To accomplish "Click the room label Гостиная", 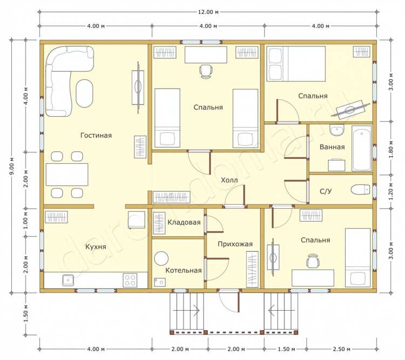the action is coord(96,136).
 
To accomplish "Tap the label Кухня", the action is coord(96,246).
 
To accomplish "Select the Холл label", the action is coord(229,180).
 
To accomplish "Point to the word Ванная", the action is coord(332,147).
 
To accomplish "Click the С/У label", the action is coord(326,191).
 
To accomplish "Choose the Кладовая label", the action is coord(184,222).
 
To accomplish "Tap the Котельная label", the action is coord(184,270).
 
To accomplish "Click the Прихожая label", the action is coord(235,244).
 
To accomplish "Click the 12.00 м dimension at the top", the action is coord(208,12).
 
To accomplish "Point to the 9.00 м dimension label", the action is coord(12,166).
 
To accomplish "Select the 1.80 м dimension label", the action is coord(391,150).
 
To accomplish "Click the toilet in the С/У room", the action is coord(360,190).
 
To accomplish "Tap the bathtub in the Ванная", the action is coord(362,149).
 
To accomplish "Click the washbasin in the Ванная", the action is coord(336,130).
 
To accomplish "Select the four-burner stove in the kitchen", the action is coord(130,280).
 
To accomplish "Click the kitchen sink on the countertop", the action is coord(68,281).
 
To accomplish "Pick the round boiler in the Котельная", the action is coord(161,258).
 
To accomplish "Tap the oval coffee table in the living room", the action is coord(84,94).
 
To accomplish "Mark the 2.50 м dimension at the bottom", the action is coord(341,349).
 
